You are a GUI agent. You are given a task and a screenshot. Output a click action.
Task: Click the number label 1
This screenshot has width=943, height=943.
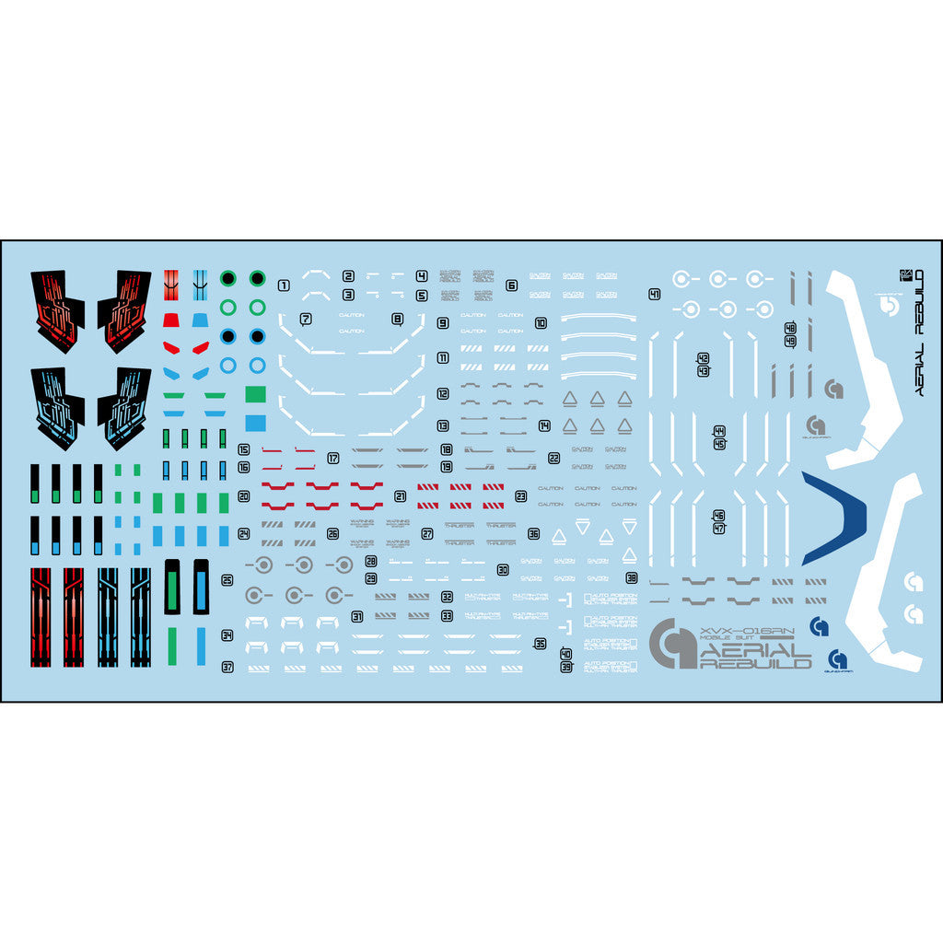[284, 285]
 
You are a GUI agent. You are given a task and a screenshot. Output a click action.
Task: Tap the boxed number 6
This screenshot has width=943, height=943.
[511, 285]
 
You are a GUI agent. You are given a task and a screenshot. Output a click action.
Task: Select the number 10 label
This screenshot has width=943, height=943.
[541, 323]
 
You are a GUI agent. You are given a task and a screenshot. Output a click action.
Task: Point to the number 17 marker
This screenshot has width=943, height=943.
[333, 458]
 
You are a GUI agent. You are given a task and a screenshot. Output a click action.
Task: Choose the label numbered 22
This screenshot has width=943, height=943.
[553, 458]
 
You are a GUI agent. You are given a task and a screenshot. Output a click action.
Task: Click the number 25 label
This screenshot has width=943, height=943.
[227, 580]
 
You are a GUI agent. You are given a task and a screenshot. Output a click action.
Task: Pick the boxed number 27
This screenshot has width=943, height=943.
[427, 534]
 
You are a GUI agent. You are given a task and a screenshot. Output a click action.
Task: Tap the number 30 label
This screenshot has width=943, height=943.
[503, 570]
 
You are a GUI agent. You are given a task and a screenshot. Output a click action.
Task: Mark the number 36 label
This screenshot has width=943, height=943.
[533, 534]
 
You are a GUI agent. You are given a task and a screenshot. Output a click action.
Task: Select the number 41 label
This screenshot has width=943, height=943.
[654, 295]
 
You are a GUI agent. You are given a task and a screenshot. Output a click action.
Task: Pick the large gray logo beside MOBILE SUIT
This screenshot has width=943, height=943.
[673, 644]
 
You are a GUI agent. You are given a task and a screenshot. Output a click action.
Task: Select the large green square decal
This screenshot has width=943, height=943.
[256, 394]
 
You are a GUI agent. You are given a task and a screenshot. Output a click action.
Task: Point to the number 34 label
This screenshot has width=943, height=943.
[227, 635]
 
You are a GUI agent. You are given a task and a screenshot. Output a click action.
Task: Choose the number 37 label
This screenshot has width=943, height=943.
[227, 667]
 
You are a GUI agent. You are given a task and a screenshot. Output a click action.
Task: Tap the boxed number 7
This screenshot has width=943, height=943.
[306, 320]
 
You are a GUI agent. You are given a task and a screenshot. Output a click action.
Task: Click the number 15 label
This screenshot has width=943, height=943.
[244, 450]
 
